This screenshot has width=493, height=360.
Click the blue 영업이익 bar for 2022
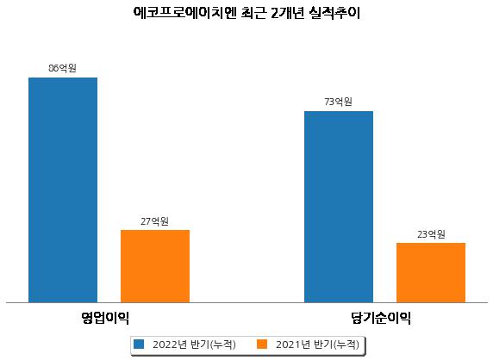(x=63, y=190)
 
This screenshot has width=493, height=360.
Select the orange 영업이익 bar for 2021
(x=155, y=266)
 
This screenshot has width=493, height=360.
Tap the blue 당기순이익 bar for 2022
(x=339, y=207)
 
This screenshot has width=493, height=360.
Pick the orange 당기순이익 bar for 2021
(x=431, y=273)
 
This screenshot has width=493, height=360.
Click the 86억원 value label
(x=63, y=68)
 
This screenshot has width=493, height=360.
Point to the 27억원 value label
(x=154, y=221)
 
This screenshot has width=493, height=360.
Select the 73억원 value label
(x=339, y=102)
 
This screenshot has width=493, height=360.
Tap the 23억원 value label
(x=431, y=234)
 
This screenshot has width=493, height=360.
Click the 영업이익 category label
(x=105, y=318)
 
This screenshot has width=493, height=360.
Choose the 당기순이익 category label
(x=381, y=318)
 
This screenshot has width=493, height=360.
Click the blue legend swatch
(x=139, y=344)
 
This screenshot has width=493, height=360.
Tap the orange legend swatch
(x=262, y=344)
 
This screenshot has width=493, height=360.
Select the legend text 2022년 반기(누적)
(x=194, y=344)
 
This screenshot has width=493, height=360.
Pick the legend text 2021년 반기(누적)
(x=317, y=344)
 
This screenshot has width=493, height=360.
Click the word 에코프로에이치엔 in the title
(x=184, y=13)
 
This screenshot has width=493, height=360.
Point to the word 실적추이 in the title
(x=334, y=13)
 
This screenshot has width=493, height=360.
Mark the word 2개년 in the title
(x=287, y=13)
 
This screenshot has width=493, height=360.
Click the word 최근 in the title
(x=253, y=13)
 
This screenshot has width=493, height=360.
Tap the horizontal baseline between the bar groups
(x=246, y=303)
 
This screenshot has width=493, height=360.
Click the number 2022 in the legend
(x=165, y=344)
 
